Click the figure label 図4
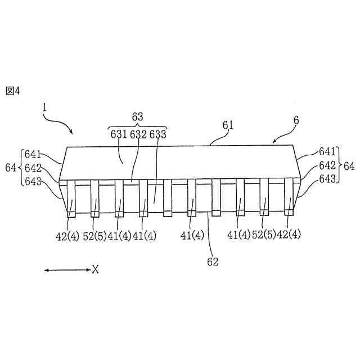pos(12,91)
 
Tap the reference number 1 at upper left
pos(44,106)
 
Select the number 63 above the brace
pos(137,117)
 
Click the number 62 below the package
pos(211,261)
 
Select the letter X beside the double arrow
pos(96,271)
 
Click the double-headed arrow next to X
pos(67,271)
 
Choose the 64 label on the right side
pos(349,166)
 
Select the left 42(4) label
pos(67,235)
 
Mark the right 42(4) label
pos(288,235)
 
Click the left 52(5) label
pos(95,235)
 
